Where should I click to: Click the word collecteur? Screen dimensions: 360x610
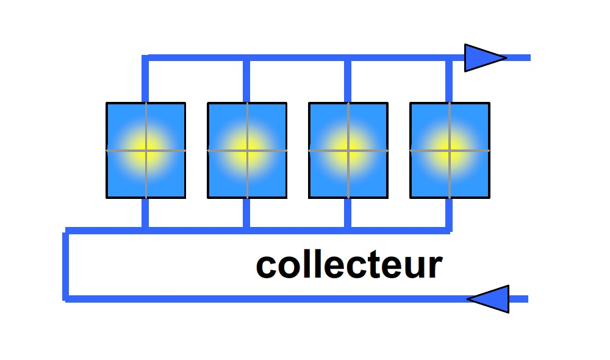(x=349, y=265)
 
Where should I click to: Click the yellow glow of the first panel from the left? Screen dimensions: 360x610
(x=146, y=150)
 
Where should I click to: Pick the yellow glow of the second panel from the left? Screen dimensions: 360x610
(x=247, y=150)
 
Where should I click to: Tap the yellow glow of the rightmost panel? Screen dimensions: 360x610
(x=450, y=150)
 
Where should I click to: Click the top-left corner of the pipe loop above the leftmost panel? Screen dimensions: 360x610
(x=145, y=58)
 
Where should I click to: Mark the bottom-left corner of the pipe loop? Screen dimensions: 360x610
(x=66, y=298)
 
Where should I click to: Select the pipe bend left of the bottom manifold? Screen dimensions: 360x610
(x=66, y=231)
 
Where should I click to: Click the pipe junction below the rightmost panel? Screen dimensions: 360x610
(x=450, y=230)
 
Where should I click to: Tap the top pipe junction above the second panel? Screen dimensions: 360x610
(x=246, y=58)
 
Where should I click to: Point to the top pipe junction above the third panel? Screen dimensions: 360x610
(x=348, y=58)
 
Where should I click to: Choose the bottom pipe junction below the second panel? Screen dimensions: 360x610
(x=246, y=230)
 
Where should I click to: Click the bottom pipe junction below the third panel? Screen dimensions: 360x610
(x=348, y=230)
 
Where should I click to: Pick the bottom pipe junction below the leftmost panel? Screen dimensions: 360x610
(x=145, y=230)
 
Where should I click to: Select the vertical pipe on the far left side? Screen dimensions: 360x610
(x=66, y=265)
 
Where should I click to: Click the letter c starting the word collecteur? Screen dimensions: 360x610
(x=267, y=268)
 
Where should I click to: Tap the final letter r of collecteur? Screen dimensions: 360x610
(x=434, y=268)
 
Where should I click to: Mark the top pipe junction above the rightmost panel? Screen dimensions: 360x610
(x=450, y=58)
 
